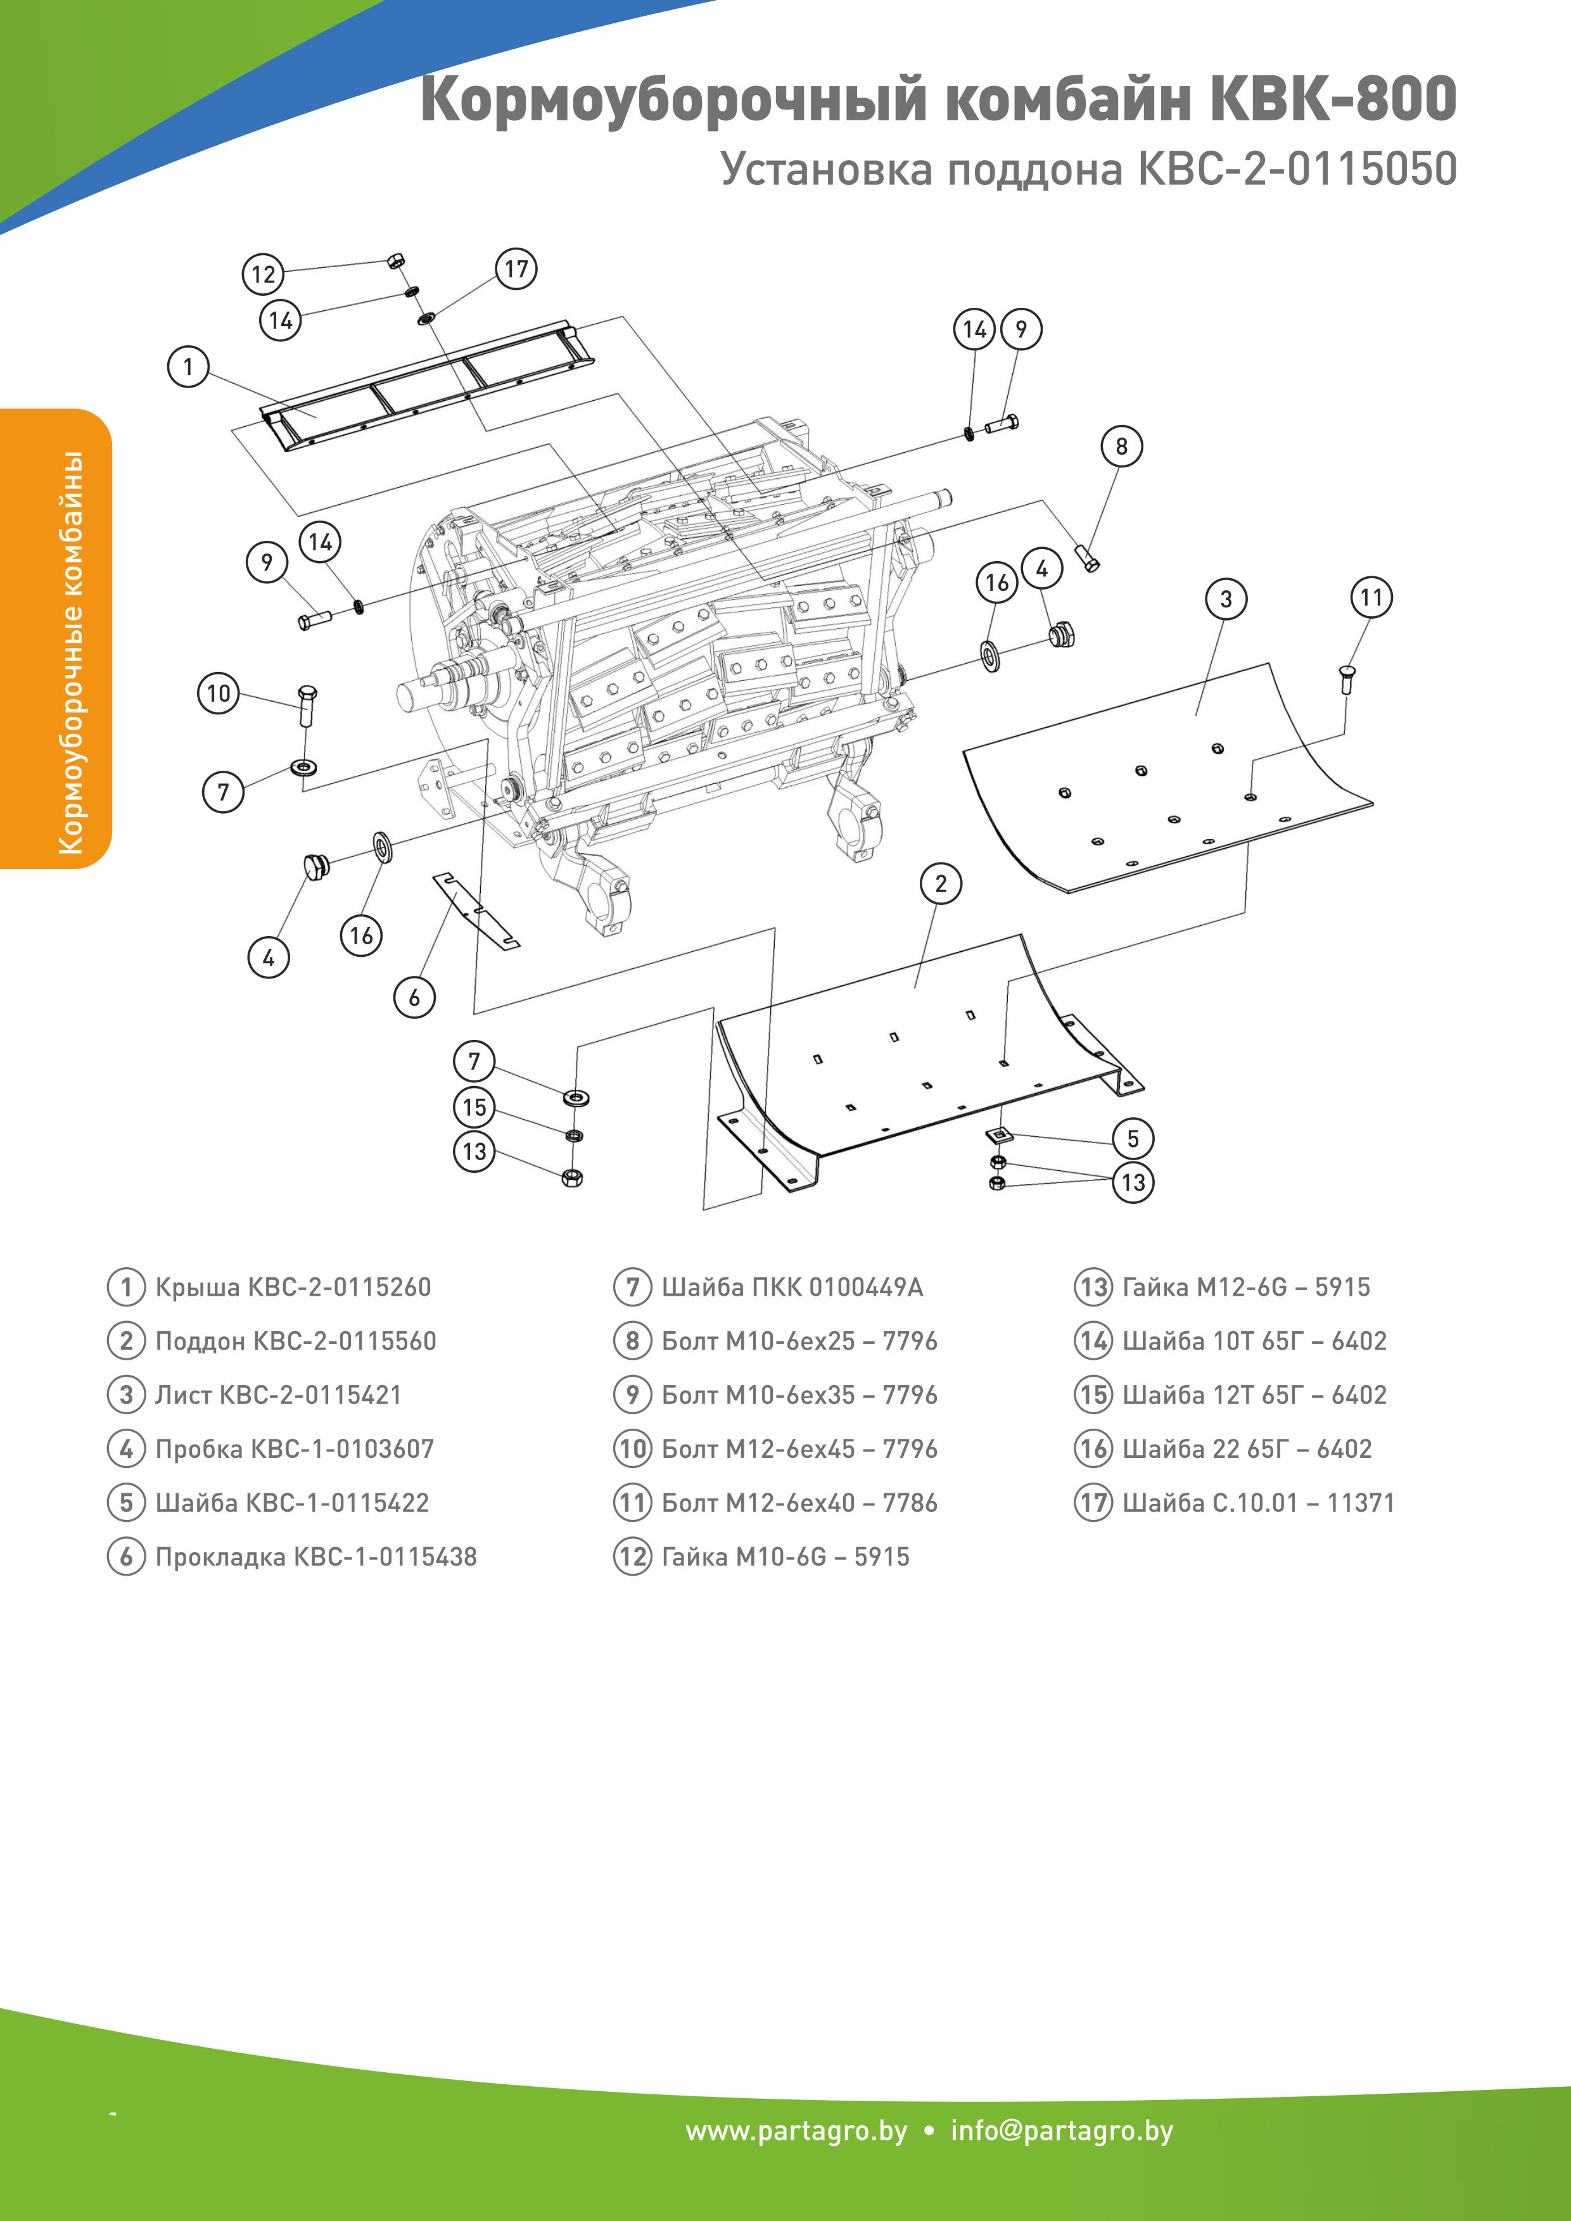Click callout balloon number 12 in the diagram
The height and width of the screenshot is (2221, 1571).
(x=262, y=274)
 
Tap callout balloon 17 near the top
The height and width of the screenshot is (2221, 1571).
(x=516, y=269)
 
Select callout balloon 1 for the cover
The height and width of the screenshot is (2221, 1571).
(x=189, y=367)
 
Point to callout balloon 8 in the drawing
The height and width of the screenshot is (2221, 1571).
(x=1121, y=446)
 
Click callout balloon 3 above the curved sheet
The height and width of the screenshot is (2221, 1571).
(x=1226, y=598)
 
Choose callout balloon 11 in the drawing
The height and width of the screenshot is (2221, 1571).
(x=1371, y=597)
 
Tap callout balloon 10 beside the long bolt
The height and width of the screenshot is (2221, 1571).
(x=219, y=693)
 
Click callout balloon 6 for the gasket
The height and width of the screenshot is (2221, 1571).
(x=414, y=997)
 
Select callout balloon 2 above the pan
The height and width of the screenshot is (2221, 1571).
(x=940, y=883)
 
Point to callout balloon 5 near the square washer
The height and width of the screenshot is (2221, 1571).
(x=1133, y=1139)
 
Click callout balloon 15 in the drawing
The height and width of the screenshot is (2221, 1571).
(x=474, y=1106)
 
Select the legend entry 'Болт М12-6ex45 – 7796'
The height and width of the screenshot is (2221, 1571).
(x=798, y=1448)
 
